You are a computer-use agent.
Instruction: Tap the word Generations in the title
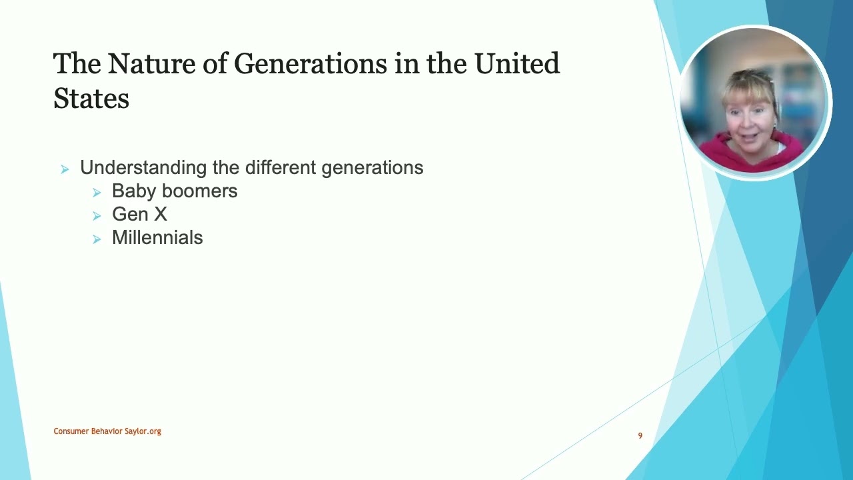[x=311, y=64]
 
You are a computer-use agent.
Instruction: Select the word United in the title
[x=516, y=64]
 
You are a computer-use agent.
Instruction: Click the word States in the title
[x=91, y=99]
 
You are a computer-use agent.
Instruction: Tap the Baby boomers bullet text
[x=175, y=191]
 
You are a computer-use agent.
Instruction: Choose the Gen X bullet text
[x=139, y=214]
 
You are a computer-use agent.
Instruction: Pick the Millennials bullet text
[x=157, y=237]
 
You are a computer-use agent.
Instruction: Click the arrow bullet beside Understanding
[x=65, y=169]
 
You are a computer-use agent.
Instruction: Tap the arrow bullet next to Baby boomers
[x=97, y=193]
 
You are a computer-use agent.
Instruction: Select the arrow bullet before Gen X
[x=97, y=216]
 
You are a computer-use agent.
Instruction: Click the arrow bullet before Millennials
[x=97, y=239]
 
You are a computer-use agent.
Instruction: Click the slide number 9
[x=640, y=435]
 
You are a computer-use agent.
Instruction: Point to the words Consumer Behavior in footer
[x=88, y=431]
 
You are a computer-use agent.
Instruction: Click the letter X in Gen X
[x=160, y=214]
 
